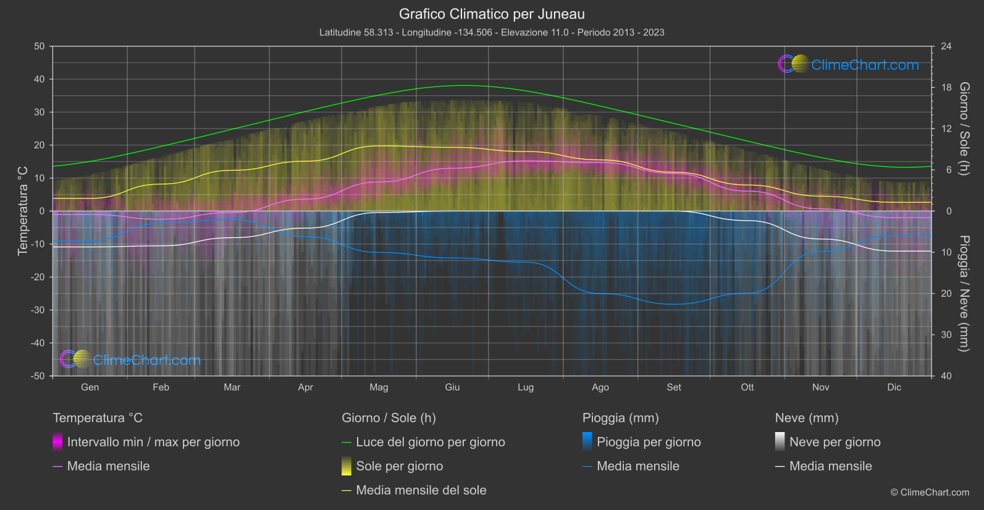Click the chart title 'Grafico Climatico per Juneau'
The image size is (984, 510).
click(x=492, y=14)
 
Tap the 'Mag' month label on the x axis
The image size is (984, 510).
click(x=379, y=387)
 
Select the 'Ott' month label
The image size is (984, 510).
click(x=747, y=387)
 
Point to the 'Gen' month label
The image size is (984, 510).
click(x=90, y=387)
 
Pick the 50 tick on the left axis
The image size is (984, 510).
click(x=40, y=46)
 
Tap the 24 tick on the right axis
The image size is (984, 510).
click(x=946, y=46)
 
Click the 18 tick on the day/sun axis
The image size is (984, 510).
click(x=946, y=88)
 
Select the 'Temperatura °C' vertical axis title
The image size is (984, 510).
click(x=23, y=211)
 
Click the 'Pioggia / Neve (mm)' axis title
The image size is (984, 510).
click(x=963, y=294)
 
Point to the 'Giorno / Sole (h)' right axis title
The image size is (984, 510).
click(x=963, y=129)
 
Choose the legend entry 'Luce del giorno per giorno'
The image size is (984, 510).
click(x=430, y=442)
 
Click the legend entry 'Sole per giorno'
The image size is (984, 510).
click(x=399, y=466)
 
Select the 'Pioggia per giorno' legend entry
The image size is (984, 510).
click(x=649, y=442)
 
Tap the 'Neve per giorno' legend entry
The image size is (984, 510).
click(x=835, y=442)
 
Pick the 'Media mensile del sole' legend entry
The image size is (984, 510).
click(x=421, y=490)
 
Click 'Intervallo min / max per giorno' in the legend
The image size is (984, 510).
click(x=153, y=442)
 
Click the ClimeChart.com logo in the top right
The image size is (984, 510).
click(x=848, y=64)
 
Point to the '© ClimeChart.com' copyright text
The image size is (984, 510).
click(x=930, y=493)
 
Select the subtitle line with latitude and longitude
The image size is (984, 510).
click(x=492, y=32)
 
